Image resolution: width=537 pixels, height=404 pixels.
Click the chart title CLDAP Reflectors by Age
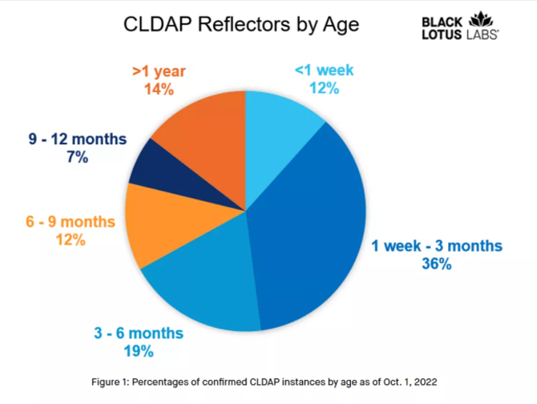(241, 24)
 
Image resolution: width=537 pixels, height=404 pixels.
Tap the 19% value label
(138, 349)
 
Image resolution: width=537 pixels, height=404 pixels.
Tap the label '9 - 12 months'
(77, 139)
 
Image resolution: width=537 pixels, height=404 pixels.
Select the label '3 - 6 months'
(138, 333)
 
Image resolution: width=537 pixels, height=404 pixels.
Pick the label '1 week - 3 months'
(437, 244)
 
